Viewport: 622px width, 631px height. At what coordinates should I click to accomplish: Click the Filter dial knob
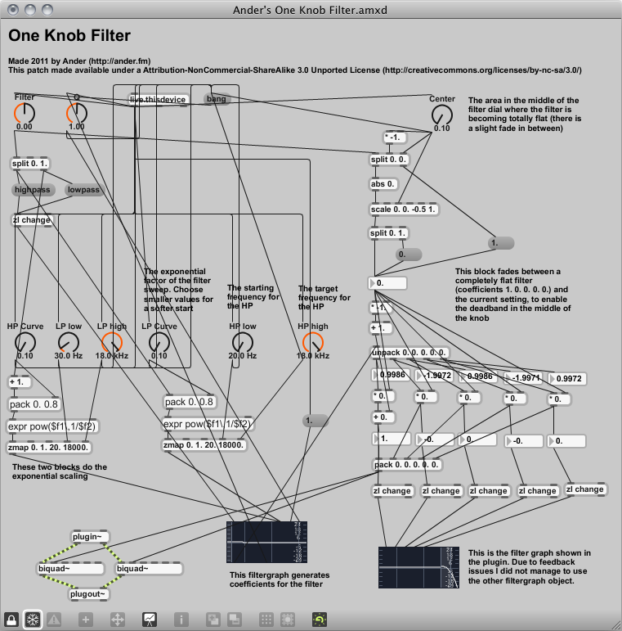25,114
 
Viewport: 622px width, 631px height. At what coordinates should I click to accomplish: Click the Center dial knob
441,115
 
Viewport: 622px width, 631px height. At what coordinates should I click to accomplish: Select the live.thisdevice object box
159,99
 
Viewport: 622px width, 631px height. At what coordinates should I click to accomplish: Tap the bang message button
217,99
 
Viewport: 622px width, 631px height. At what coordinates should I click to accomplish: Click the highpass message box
33,190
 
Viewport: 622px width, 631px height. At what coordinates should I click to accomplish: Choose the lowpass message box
83,190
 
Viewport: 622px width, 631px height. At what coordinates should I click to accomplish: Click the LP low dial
69,343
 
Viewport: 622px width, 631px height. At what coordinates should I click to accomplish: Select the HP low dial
242,343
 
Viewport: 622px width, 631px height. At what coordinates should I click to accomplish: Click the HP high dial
312,343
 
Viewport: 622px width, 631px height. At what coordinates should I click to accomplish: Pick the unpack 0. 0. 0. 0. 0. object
409,353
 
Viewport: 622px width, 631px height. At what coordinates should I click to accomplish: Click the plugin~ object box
90,537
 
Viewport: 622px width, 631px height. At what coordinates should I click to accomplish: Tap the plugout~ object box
90,594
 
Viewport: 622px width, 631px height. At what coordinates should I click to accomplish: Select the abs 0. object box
384,184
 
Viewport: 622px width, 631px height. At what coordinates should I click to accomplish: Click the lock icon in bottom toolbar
11,619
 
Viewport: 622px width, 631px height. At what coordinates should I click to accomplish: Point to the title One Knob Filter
69,36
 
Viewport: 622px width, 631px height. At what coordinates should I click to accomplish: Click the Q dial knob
76,114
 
